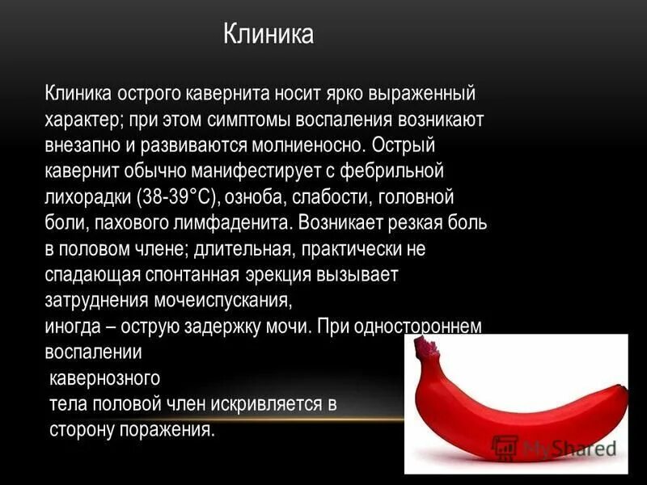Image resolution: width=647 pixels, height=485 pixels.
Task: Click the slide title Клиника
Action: tap(268, 36)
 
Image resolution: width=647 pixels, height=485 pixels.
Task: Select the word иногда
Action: tap(71, 327)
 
